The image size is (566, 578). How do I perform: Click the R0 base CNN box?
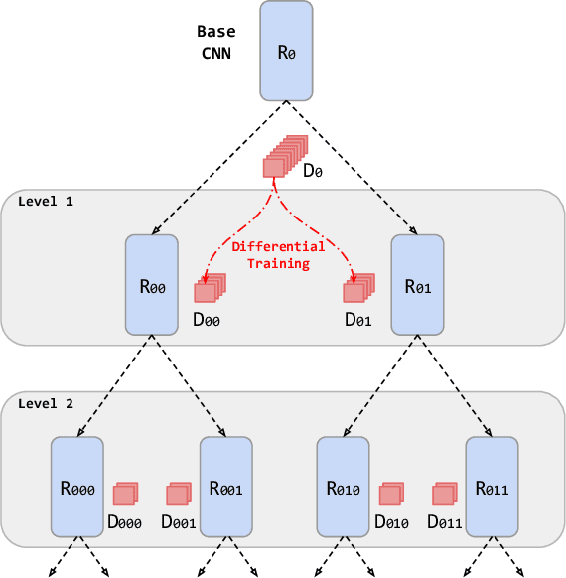[x=287, y=51]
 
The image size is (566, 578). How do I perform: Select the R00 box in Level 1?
[x=152, y=284]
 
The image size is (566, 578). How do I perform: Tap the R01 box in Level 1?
[x=417, y=284]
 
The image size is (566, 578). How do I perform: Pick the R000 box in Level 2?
[x=77, y=487]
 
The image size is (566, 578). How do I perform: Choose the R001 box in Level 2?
[x=226, y=487]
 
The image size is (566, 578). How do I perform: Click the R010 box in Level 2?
[x=343, y=487]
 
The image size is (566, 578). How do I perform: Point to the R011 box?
[x=492, y=487]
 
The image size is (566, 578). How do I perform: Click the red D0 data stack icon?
[x=283, y=157]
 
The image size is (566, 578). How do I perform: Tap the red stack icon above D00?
[x=210, y=288]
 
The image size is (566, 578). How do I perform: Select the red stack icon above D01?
[x=357, y=288]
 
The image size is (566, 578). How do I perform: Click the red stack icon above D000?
[x=125, y=493]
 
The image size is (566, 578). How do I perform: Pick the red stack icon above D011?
[x=444, y=493]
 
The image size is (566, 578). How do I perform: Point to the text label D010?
[x=392, y=521]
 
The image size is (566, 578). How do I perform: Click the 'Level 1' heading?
[x=46, y=201]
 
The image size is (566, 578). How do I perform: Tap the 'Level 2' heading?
[x=46, y=404]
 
